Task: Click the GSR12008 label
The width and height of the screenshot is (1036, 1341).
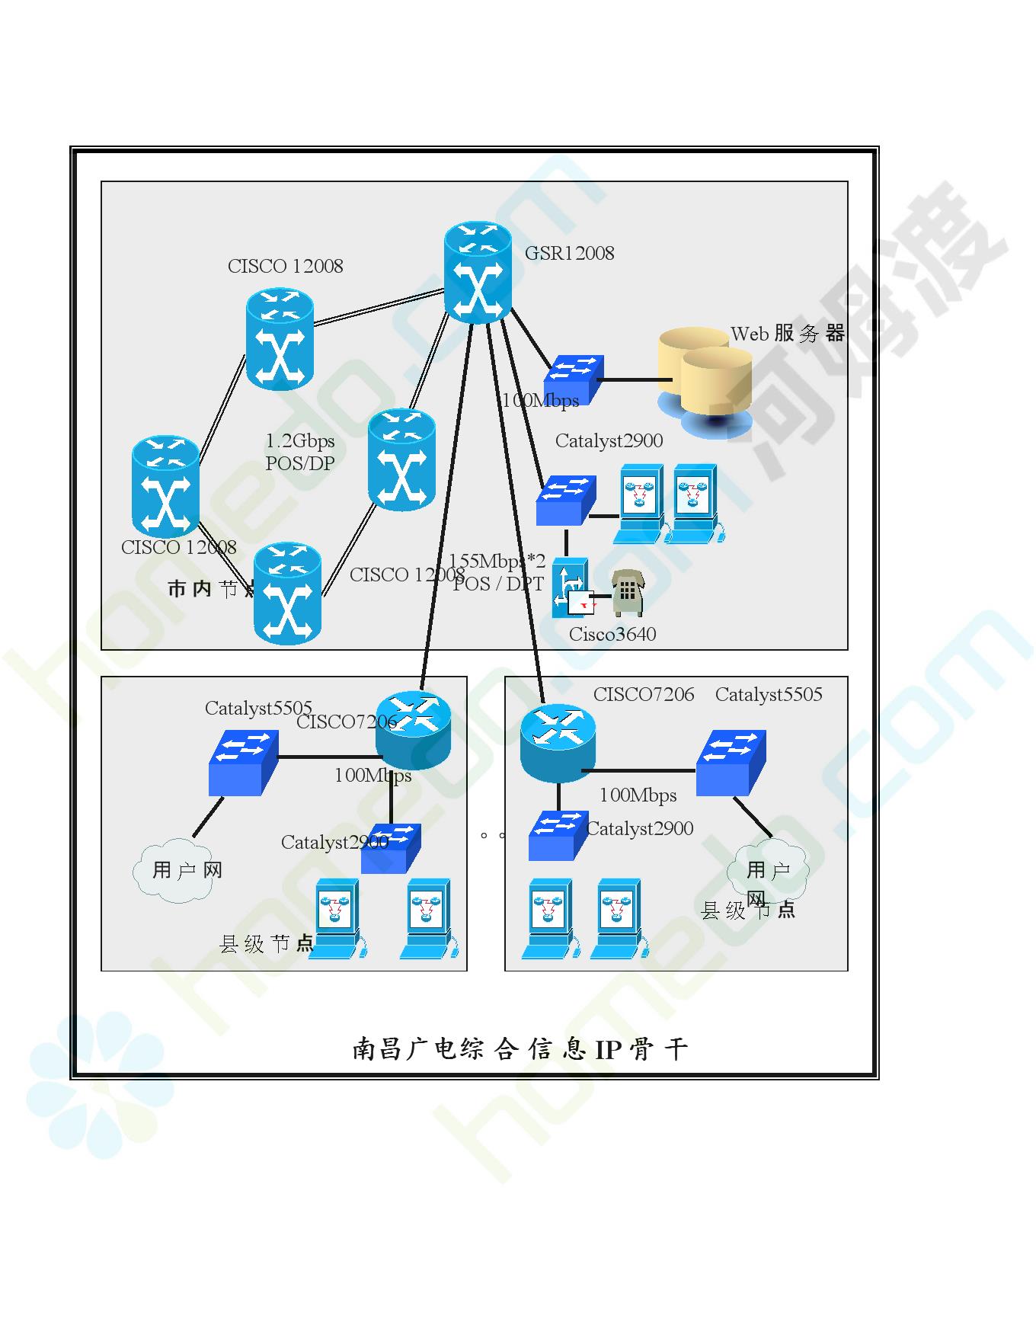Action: pos(569,254)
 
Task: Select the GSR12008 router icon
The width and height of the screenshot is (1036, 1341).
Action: pos(478,272)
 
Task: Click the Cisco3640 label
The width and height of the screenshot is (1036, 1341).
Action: pos(612,635)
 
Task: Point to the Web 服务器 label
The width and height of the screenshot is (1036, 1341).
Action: pos(788,334)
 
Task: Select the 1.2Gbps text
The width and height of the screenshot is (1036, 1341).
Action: pos(300,441)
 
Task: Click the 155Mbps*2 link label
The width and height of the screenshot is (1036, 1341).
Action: pos(497,562)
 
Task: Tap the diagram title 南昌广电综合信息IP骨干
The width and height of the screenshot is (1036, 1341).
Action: pos(520,1050)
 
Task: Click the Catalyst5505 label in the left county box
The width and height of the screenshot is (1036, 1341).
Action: pos(258,709)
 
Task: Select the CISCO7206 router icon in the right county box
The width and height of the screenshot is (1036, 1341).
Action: pos(558,742)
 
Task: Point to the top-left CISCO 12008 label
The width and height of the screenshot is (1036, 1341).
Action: pos(286,267)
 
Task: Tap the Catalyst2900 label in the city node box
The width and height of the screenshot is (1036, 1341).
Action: pos(609,441)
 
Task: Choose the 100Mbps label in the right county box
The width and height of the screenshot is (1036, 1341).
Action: pos(638,795)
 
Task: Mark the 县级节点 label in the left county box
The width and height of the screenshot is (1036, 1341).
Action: pos(266,945)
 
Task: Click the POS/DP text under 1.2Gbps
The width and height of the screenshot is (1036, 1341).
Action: pos(300,463)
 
